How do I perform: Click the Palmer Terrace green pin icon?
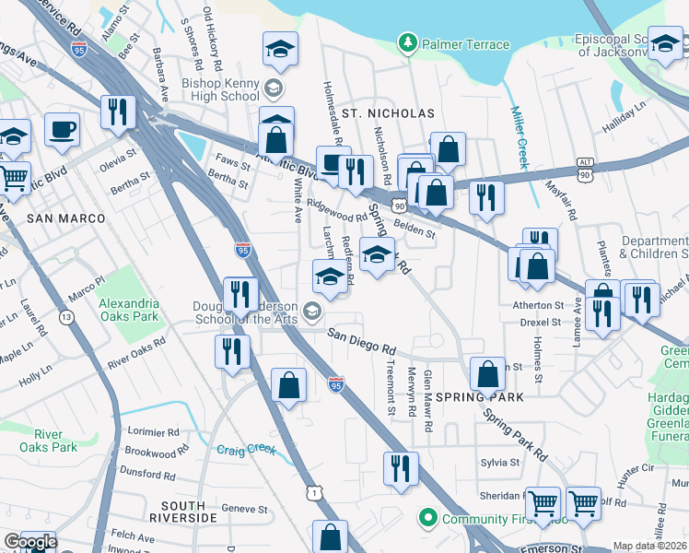click(407, 43)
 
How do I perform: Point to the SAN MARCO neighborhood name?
click(65, 218)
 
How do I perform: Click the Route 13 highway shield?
click(66, 317)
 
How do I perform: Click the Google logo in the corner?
click(29, 543)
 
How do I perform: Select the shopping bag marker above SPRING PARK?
click(487, 373)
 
